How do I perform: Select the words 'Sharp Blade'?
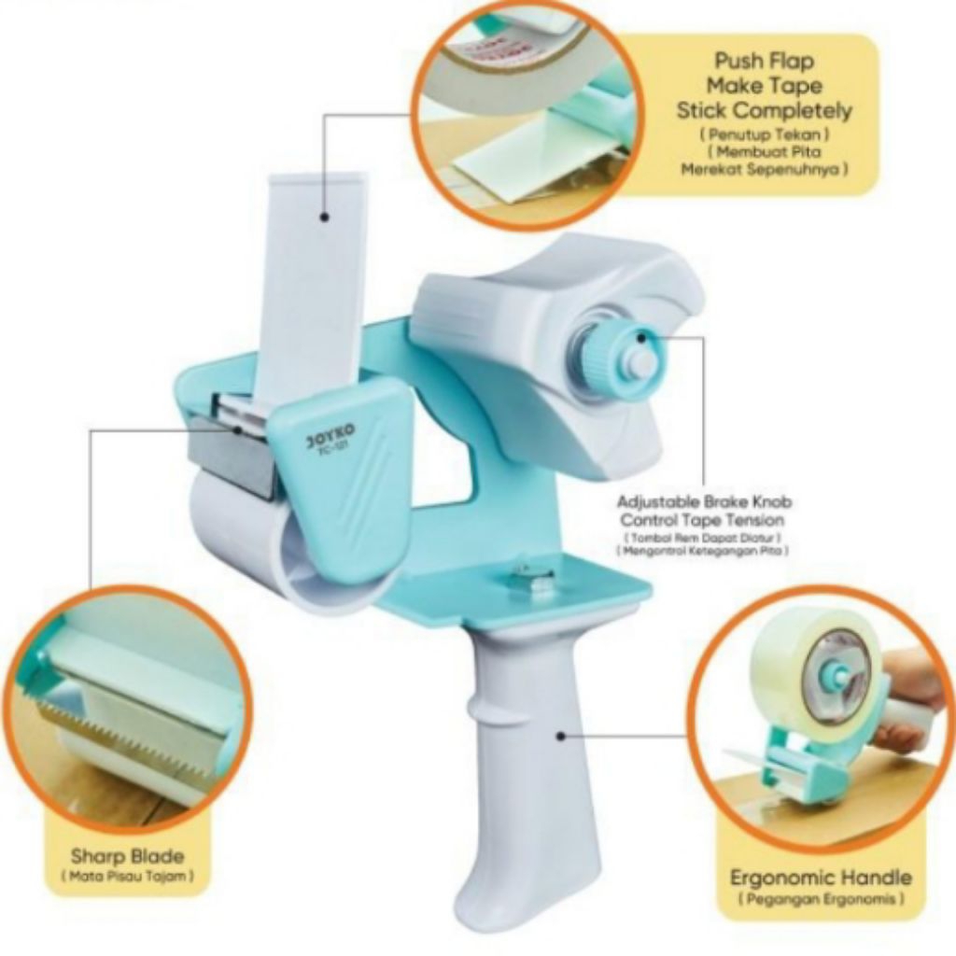pos(127,855)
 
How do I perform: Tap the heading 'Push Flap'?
pos(764,62)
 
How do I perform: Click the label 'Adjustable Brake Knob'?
pos(704,501)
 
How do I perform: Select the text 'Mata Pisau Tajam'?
pos(127,877)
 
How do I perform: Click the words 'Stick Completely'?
pos(764,111)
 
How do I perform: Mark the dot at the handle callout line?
pos(561,736)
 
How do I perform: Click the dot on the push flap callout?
pos(325,218)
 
